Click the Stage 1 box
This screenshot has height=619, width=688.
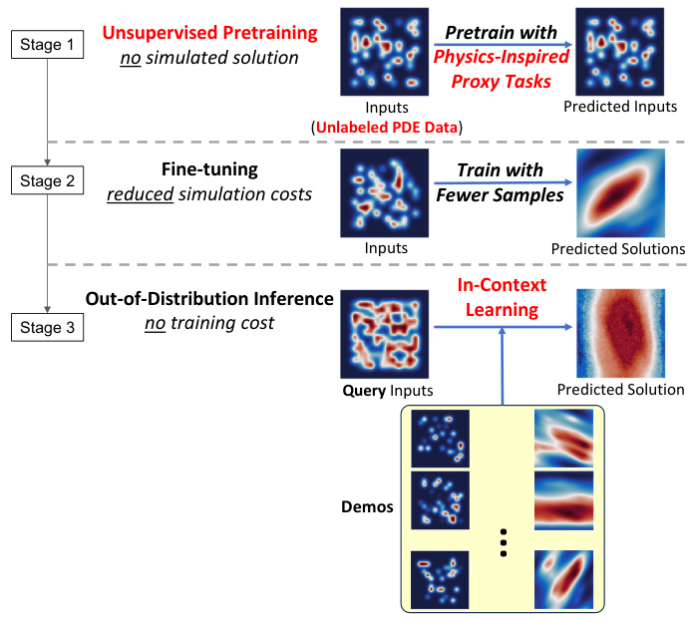coord(48,45)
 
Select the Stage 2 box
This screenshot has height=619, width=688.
coord(48,180)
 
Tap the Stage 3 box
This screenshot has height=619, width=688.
coord(48,324)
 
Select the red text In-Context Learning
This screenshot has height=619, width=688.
coord(502,297)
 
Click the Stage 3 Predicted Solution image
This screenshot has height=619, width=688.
coord(620,331)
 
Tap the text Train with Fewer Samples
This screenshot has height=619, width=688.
coord(501,183)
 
